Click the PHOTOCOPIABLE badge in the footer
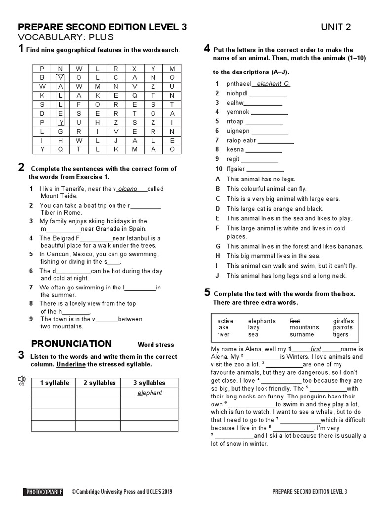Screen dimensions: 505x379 tap(43, 491)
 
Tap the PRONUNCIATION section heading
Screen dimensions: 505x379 tap(72, 344)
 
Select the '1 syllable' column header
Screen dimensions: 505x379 tap(54, 383)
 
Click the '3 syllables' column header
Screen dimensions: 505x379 tap(149, 383)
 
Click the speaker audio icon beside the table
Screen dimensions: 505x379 tap(21, 379)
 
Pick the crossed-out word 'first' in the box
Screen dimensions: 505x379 tap(295, 321)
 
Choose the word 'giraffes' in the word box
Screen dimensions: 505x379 tap(343, 321)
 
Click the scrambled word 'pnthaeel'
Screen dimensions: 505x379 tap(239, 84)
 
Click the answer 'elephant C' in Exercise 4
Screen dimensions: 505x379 tap(273, 84)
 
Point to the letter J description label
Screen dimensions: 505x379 tap(217, 276)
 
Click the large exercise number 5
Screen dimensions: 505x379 tap(208, 293)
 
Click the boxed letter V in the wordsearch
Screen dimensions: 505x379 tap(60, 77)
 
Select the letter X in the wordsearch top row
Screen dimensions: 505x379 tap(134, 69)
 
